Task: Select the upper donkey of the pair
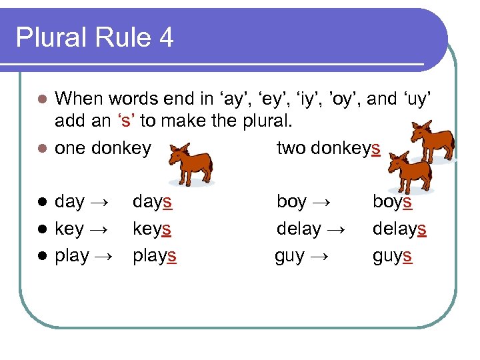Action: (x=432, y=143)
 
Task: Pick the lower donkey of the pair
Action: (x=409, y=173)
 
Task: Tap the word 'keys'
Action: (x=152, y=229)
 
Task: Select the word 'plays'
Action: (x=155, y=256)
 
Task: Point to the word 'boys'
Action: (x=392, y=201)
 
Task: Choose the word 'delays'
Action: (x=399, y=229)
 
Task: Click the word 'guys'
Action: (x=392, y=256)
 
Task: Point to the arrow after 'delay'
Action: (x=337, y=229)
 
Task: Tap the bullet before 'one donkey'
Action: (x=41, y=148)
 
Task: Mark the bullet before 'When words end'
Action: (x=41, y=99)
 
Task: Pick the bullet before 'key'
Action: (x=41, y=229)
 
